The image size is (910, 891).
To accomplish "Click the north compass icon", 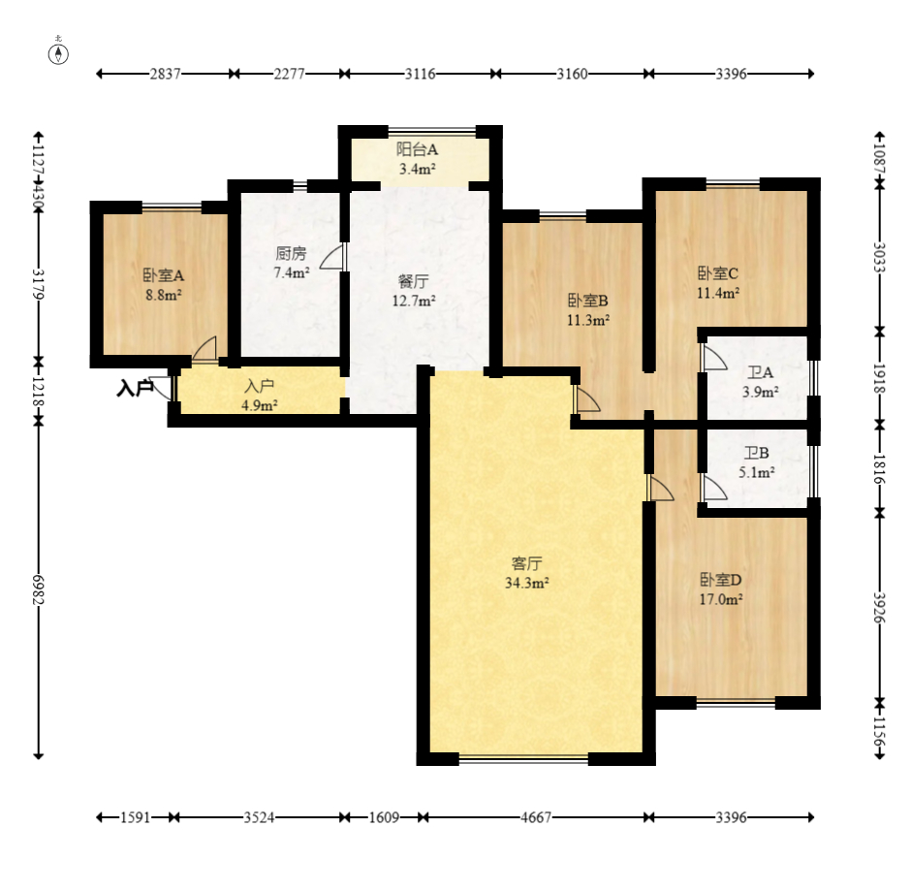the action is pyautogui.click(x=58, y=53).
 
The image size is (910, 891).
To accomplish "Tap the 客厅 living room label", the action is pyautogui.click(x=527, y=563).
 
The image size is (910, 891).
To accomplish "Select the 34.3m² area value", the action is pyautogui.click(x=527, y=583).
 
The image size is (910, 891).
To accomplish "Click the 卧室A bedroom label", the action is pyautogui.click(x=164, y=275).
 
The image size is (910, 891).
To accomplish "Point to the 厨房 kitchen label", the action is pyautogui.click(x=291, y=253).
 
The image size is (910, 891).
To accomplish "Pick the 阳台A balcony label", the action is pyautogui.click(x=418, y=149).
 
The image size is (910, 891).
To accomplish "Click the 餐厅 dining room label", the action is pyautogui.click(x=414, y=281).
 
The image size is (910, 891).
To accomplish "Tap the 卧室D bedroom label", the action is pyautogui.click(x=721, y=579).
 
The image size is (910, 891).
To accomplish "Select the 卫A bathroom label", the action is pyautogui.click(x=760, y=372).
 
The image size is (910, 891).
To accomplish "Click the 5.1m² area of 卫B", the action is pyautogui.click(x=757, y=472).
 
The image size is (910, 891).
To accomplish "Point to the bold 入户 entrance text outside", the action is pyautogui.click(x=135, y=388).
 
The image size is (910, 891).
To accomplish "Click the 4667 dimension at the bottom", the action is pyautogui.click(x=536, y=817).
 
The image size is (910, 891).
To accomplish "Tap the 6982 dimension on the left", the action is pyautogui.click(x=39, y=589).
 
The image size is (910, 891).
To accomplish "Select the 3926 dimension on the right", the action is pyautogui.click(x=880, y=607).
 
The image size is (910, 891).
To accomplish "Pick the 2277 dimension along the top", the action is pyautogui.click(x=289, y=74).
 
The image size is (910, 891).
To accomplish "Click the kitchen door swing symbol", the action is pyautogui.click(x=332, y=256).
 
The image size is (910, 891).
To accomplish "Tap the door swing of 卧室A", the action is pyautogui.click(x=204, y=349).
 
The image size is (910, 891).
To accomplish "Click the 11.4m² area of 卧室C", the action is pyautogui.click(x=718, y=293).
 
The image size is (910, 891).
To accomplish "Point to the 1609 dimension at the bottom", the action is pyautogui.click(x=384, y=817).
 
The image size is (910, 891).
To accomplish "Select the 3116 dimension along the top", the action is pyautogui.click(x=421, y=74).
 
